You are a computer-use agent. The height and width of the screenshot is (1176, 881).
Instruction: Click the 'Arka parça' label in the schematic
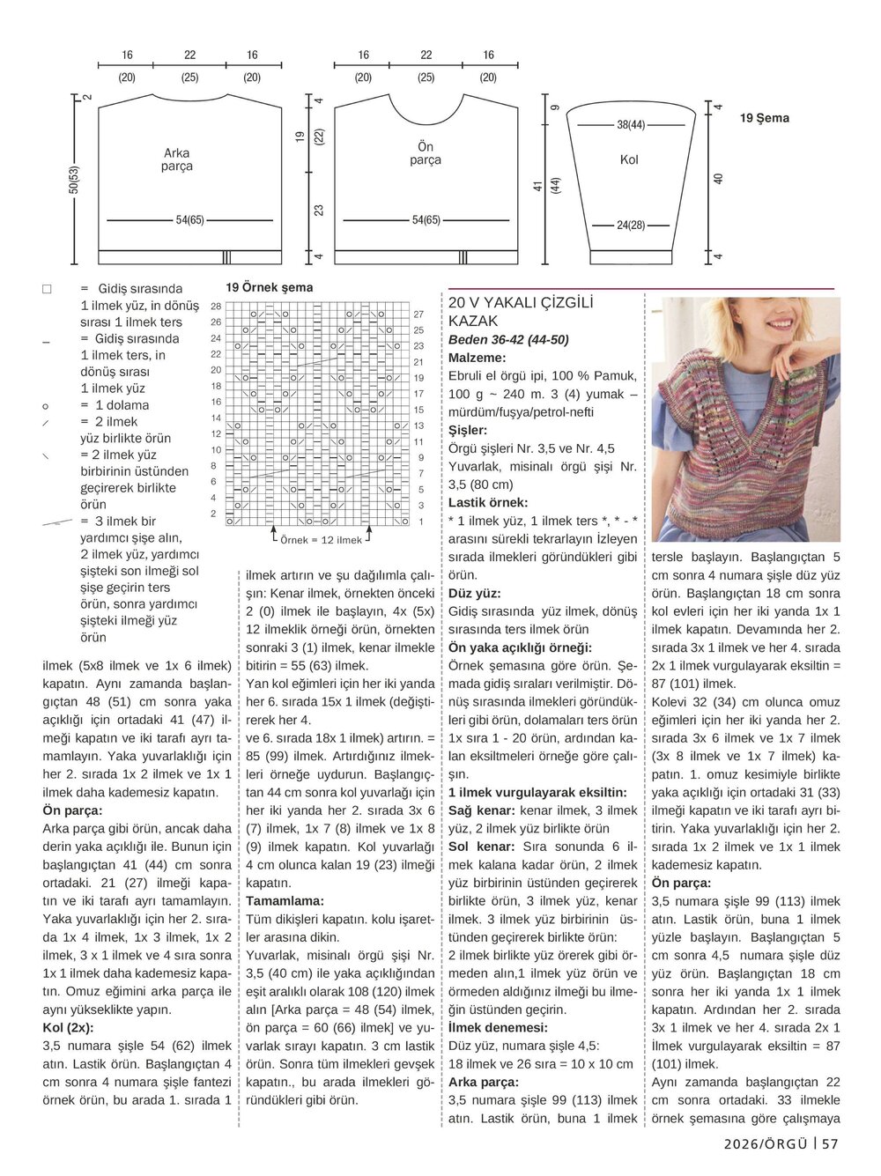[176, 159]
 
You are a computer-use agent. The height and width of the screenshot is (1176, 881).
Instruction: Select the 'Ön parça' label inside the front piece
[425, 153]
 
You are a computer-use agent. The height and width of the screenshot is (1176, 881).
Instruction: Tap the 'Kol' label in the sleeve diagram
[628, 159]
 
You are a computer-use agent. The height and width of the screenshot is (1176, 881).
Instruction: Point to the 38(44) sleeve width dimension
[630, 125]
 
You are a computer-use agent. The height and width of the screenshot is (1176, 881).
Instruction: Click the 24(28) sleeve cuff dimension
[630, 226]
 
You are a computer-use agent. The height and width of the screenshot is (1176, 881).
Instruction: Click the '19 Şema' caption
[764, 118]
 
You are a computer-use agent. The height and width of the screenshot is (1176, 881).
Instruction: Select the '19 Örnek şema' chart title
[269, 287]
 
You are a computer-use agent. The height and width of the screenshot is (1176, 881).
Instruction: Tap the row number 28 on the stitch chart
[216, 306]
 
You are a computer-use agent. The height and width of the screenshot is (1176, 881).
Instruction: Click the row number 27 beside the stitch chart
[418, 314]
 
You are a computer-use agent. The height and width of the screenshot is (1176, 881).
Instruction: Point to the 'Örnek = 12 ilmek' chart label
[321, 540]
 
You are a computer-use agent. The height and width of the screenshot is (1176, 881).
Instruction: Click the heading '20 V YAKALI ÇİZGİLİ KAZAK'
[520, 312]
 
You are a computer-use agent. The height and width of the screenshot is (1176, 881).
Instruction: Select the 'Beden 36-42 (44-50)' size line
[507, 340]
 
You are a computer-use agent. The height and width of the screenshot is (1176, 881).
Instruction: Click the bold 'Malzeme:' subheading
[477, 359]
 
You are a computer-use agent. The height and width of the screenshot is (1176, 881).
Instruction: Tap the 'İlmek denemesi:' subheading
[498, 1027]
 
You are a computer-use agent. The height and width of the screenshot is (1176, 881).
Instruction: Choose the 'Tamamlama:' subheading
[285, 900]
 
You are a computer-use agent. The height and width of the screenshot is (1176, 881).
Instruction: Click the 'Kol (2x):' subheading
[68, 1027]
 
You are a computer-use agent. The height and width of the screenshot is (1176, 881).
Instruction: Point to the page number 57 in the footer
[829, 1143]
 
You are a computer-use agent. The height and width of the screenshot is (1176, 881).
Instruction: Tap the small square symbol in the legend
[47, 289]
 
